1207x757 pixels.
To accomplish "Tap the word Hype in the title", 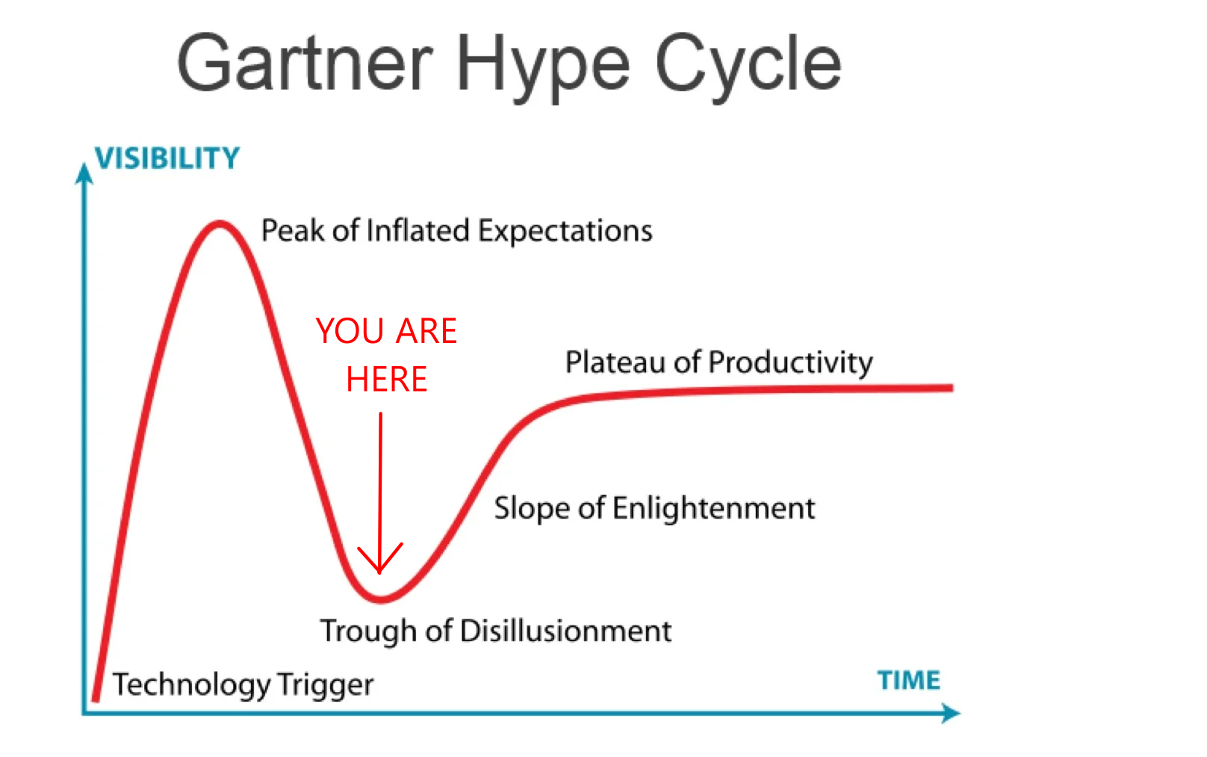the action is click(x=542, y=67).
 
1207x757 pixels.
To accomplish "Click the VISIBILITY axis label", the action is click(x=167, y=158).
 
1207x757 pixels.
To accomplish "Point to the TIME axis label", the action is click(x=909, y=680).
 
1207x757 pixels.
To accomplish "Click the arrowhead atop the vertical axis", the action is click(x=84, y=173).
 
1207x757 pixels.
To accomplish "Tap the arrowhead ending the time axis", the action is click(x=951, y=713).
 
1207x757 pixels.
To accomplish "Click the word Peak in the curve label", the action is click(x=293, y=230).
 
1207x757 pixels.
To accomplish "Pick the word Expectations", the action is click(x=565, y=232).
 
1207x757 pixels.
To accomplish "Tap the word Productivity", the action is click(x=790, y=362).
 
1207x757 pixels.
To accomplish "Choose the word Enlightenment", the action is click(x=713, y=508).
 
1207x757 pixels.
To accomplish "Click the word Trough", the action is click(x=368, y=631).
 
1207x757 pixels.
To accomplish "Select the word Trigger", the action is click(x=326, y=685).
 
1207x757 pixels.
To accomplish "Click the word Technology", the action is click(x=191, y=685).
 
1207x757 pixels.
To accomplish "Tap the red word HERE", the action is click(x=387, y=378).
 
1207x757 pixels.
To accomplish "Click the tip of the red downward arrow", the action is click(x=380, y=572).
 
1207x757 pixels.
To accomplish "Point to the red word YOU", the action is click(x=350, y=330).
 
